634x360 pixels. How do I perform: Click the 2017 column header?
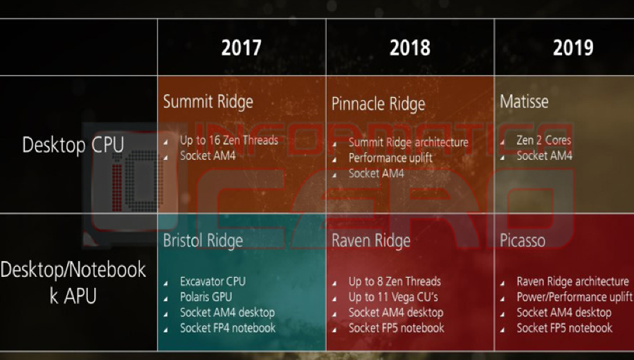click(242, 48)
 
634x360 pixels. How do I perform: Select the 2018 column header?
click(410, 48)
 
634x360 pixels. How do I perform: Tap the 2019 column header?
click(573, 48)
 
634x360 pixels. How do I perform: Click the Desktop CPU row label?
click(73, 145)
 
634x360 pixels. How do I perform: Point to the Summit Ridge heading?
click(208, 102)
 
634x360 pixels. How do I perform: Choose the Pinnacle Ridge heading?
click(379, 105)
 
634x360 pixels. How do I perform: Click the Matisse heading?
click(524, 102)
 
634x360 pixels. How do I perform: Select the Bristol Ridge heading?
click(203, 241)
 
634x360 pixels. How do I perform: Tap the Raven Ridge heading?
click(371, 241)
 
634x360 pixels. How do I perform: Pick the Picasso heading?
click(523, 241)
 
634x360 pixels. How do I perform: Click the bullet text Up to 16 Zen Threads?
click(229, 141)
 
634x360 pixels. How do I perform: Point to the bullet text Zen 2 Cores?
click(544, 141)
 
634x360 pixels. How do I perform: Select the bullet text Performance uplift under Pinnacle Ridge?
click(390, 158)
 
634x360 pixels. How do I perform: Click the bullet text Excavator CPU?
click(213, 282)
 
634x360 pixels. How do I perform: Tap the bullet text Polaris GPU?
click(206, 297)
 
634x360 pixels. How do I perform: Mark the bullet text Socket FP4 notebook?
click(228, 328)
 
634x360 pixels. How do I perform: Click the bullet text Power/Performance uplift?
click(574, 297)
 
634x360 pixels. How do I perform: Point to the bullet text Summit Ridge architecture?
click(408, 143)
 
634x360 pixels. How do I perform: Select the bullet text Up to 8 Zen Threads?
click(395, 282)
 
